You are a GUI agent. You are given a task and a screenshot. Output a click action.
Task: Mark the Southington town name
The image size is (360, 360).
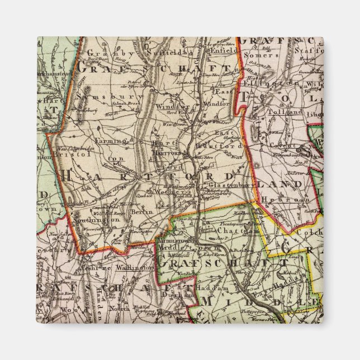point(101,220)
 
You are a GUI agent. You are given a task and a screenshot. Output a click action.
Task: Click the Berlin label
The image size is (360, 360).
point(139,212)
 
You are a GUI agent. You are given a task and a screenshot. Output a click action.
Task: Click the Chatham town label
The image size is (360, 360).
point(231,230)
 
